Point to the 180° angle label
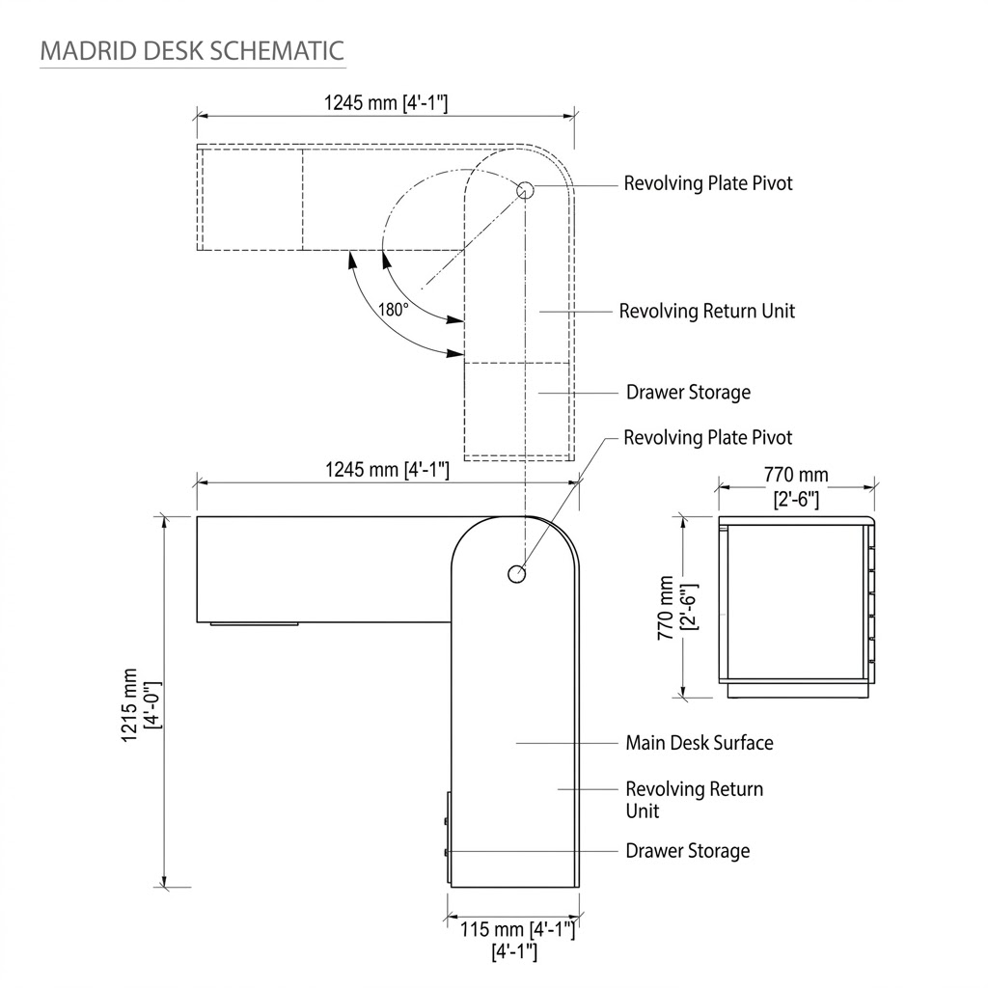tap(394, 310)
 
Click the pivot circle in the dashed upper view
tap(525, 190)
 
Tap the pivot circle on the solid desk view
tap(517, 574)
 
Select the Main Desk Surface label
tap(699, 743)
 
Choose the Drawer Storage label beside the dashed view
tap(688, 393)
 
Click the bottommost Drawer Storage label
tap(687, 851)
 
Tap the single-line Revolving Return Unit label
tap(707, 311)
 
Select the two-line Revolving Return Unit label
tap(694, 800)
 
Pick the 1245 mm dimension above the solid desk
tap(386, 470)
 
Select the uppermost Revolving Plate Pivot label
tap(707, 183)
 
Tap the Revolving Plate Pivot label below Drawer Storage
tap(707, 438)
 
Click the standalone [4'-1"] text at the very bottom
tap(513, 952)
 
